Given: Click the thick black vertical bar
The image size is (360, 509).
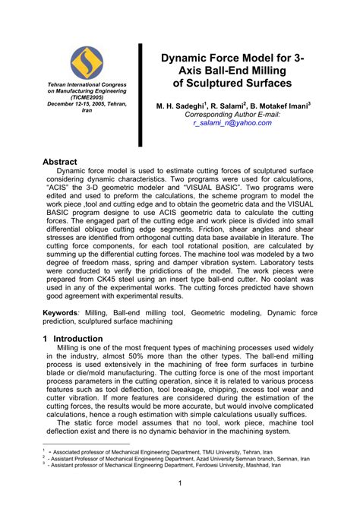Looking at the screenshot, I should [141, 95].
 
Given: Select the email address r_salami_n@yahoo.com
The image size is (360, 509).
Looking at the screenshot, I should [232, 122].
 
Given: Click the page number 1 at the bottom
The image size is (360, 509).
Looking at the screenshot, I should [179, 484].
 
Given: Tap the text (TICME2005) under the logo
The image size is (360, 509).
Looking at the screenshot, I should [86, 98].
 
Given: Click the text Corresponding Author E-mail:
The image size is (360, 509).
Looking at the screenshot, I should [232, 113].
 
